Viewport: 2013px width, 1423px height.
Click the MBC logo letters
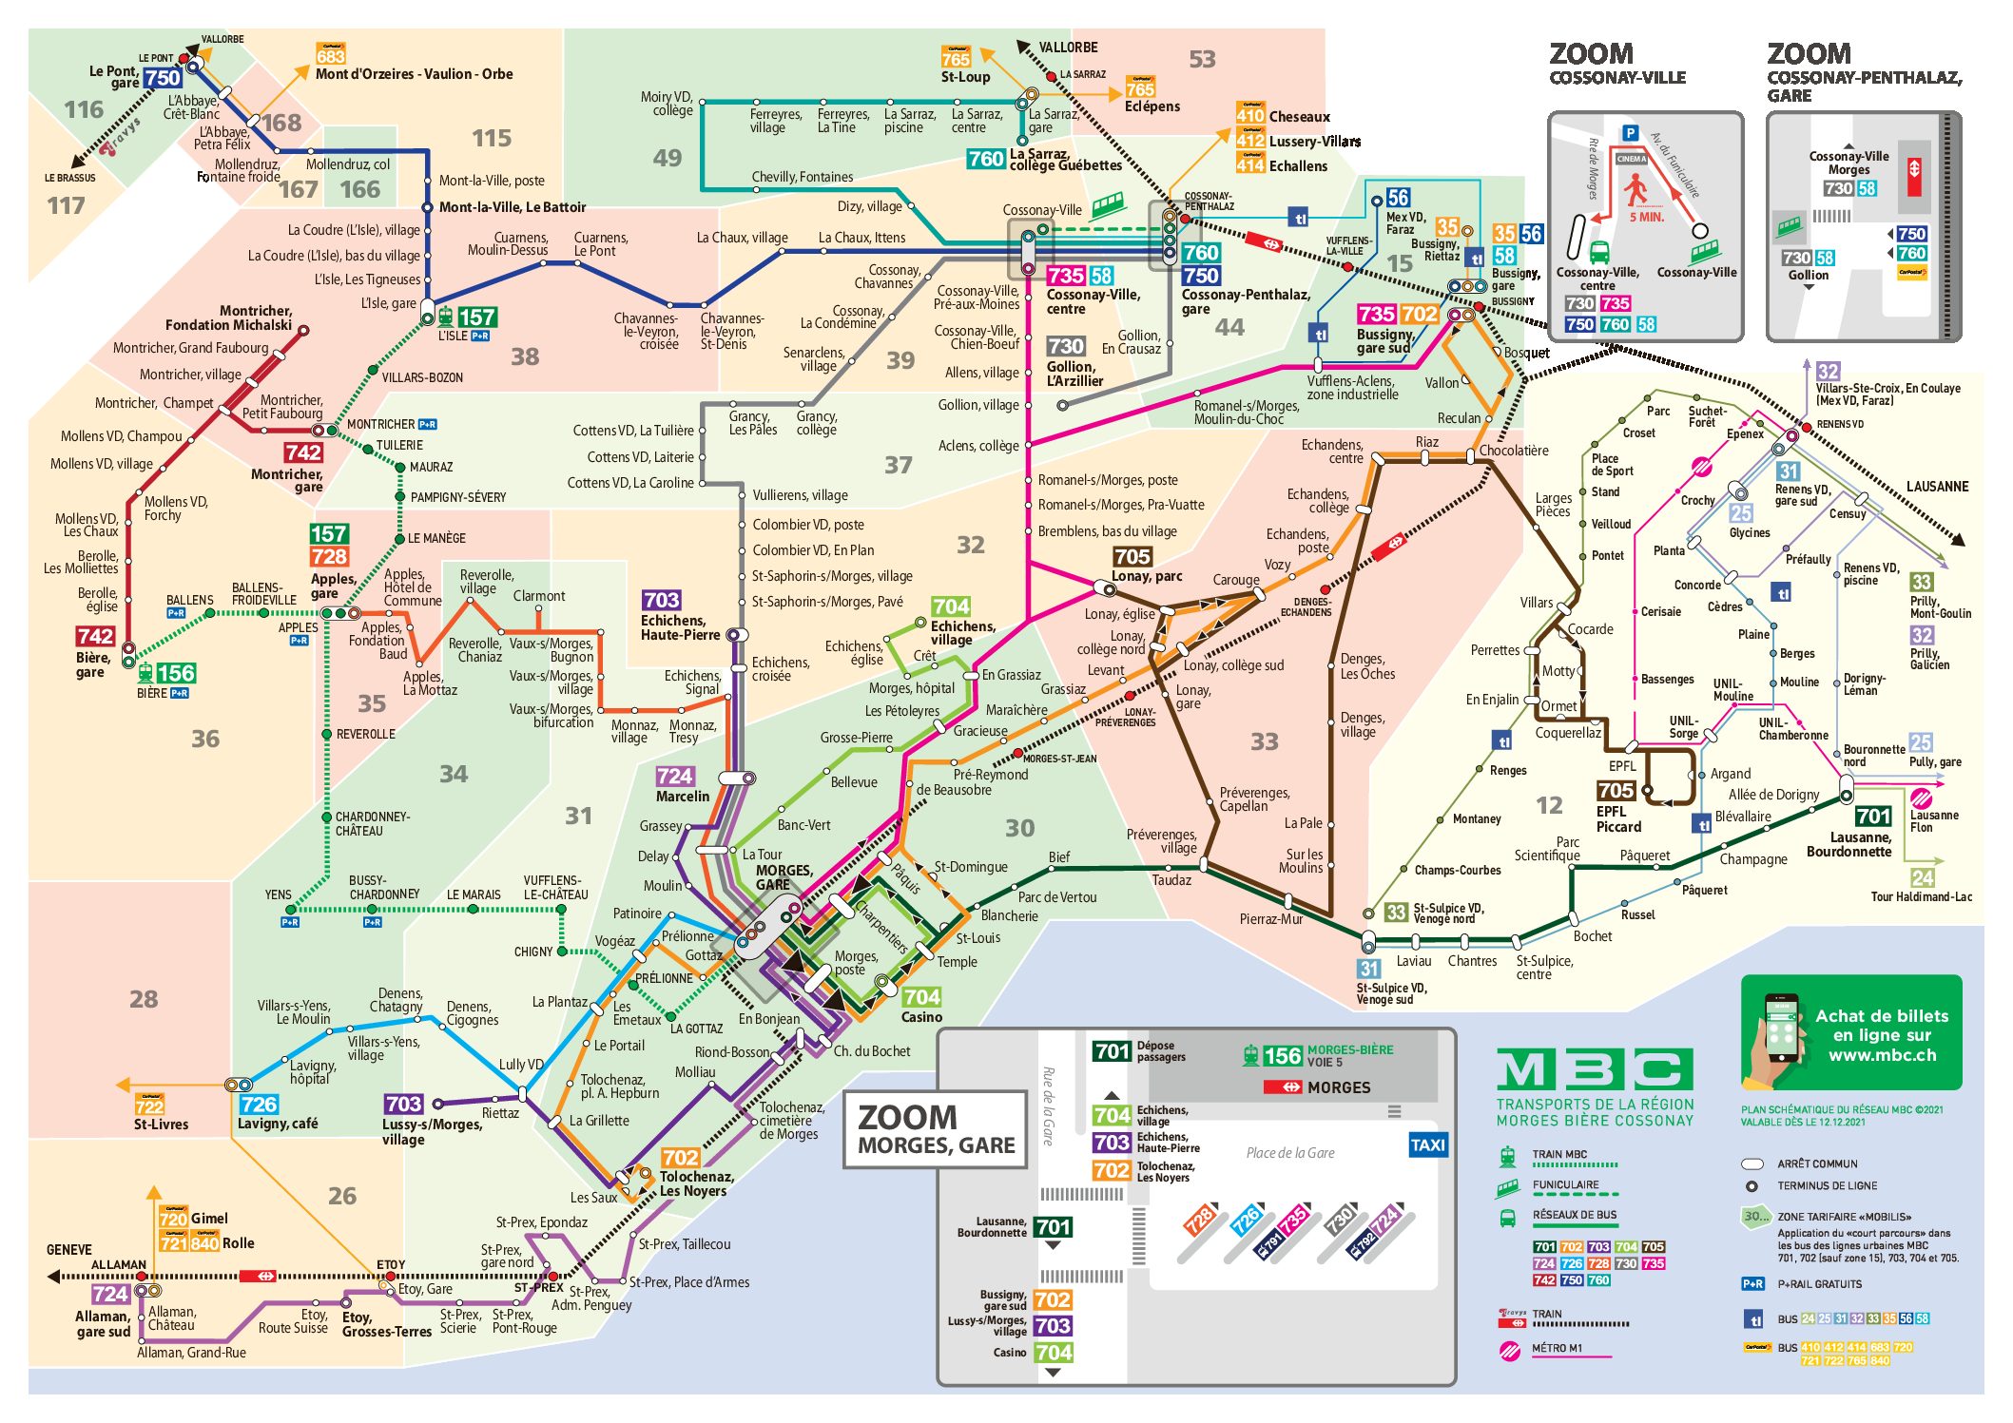(x=1594, y=1070)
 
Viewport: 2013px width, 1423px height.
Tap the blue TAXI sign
(x=1427, y=1144)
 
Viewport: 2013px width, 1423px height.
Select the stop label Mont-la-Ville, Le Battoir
(x=512, y=207)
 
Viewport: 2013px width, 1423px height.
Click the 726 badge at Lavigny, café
(x=259, y=1104)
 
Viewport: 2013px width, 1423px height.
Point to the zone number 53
(x=1202, y=60)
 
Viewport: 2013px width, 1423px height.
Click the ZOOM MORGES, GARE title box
(x=936, y=1128)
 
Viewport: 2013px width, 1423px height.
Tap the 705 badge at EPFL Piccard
(x=1616, y=790)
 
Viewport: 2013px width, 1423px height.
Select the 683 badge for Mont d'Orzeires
(x=331, y=55)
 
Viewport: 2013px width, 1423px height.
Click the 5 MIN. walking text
(x=1646, y=217)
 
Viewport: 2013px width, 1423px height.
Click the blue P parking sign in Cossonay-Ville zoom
(x=1630, y=133)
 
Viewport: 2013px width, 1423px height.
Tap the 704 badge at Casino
(x=921, y=996)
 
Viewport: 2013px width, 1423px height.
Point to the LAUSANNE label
(x=1936, y=487)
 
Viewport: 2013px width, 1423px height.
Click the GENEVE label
(x=69, y=1249)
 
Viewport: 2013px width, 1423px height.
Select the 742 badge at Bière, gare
(x=95, y=636)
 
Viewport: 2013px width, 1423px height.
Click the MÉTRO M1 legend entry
(x=1558, y=1348)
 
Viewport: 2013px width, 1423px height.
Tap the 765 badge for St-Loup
(x=956, y=59)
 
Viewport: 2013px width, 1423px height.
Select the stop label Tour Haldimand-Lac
(x=1921, y=896)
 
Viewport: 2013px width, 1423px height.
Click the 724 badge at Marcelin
(x=674, y=777)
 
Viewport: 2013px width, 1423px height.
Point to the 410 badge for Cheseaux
(x=1249, y=116)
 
